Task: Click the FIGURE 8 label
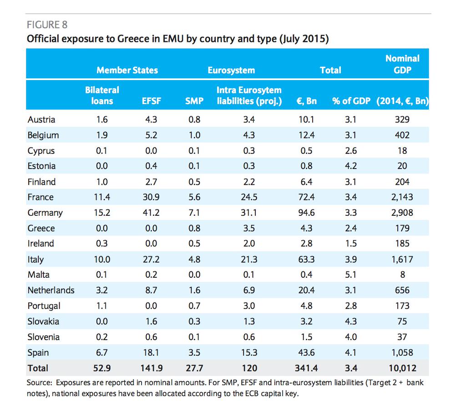pyautogui.click(x=47, y=25)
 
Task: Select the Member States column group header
pyautogui.click(x=127, y=70)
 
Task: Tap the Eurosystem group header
pyautogui.click(x=231, y=70)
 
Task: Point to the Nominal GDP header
pyautogui.click(x=402, y=64)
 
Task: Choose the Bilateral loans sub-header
pyautogui.click(x=102, y=96)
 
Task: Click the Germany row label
pyautogui.click(x=45, y=213)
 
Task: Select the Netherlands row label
pyautogui.click(x=51, y=290)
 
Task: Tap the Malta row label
pyautogui.click(x=39, y=275)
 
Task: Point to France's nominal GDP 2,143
pyautogui.click(x=402, y=197)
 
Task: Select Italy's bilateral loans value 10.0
pyautogui.click(x=101, y=259)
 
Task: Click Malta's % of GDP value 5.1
pyautogui.click(x=351, y=275)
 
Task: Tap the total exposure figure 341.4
pyautogui.click(x=306, y=368)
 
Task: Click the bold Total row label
pyautogui.click(x=38, y=368)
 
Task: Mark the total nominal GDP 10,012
pyautogui.click(x=402, y=368)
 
